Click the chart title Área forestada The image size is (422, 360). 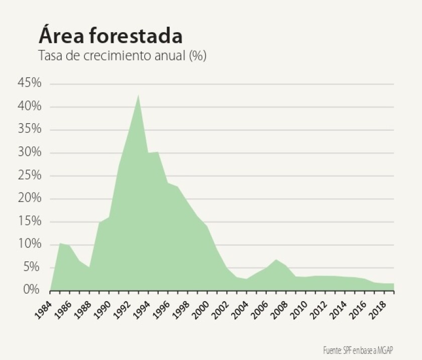pos(110,36)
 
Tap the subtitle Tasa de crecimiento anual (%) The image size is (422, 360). pos(123,55)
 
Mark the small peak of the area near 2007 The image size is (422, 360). pos(276,260)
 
